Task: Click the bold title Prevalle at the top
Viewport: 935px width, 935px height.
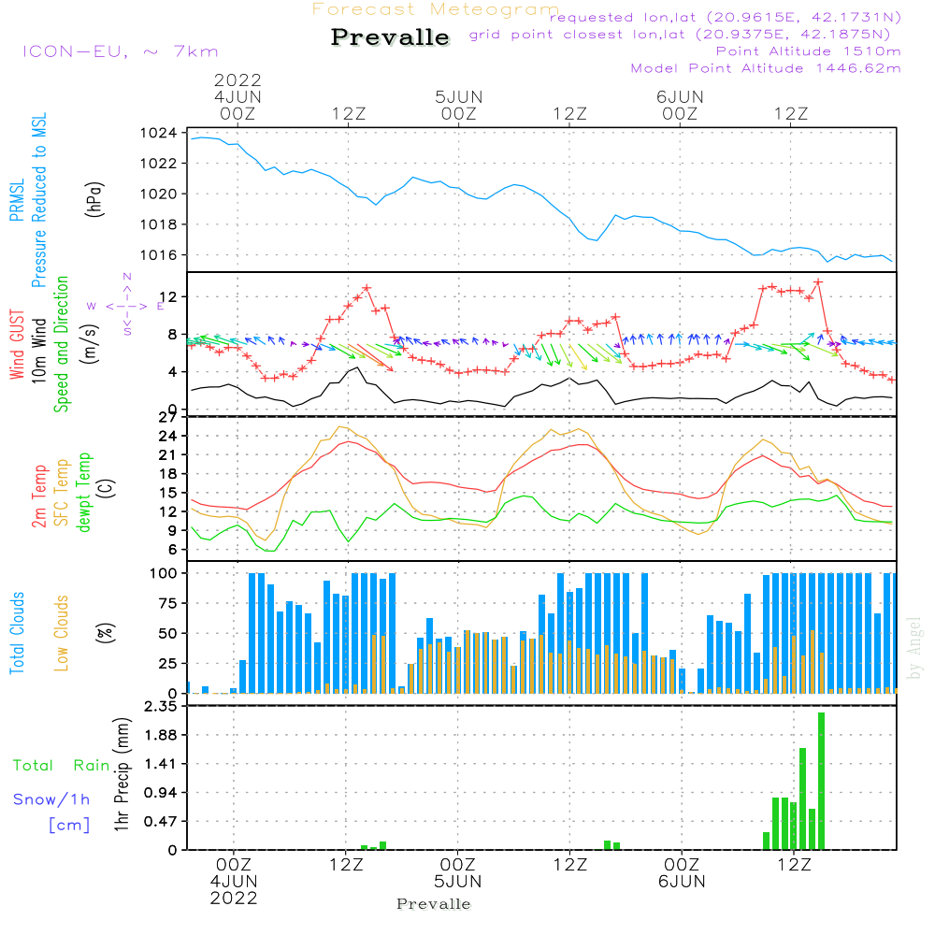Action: [390, 37]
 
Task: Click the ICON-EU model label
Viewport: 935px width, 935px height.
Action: [120, 51]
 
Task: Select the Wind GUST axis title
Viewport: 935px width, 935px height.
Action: [17, 347]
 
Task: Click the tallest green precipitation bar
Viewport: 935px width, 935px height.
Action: [821, 781]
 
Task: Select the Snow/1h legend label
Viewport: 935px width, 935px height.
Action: [51, 798]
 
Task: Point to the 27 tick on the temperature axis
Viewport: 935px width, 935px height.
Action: [168, 417]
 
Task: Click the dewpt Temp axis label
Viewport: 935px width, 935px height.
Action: [84, 493]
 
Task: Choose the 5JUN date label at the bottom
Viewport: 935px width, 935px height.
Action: [458, 882]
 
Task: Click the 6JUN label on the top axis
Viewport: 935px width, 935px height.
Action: [680, 96]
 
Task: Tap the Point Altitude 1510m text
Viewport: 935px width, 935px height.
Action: [808, 50]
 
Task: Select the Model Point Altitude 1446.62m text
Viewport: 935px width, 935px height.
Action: [766, 67]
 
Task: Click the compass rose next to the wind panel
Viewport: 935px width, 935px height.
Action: [126, 305]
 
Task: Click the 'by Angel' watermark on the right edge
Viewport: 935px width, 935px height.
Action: [914, 648]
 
